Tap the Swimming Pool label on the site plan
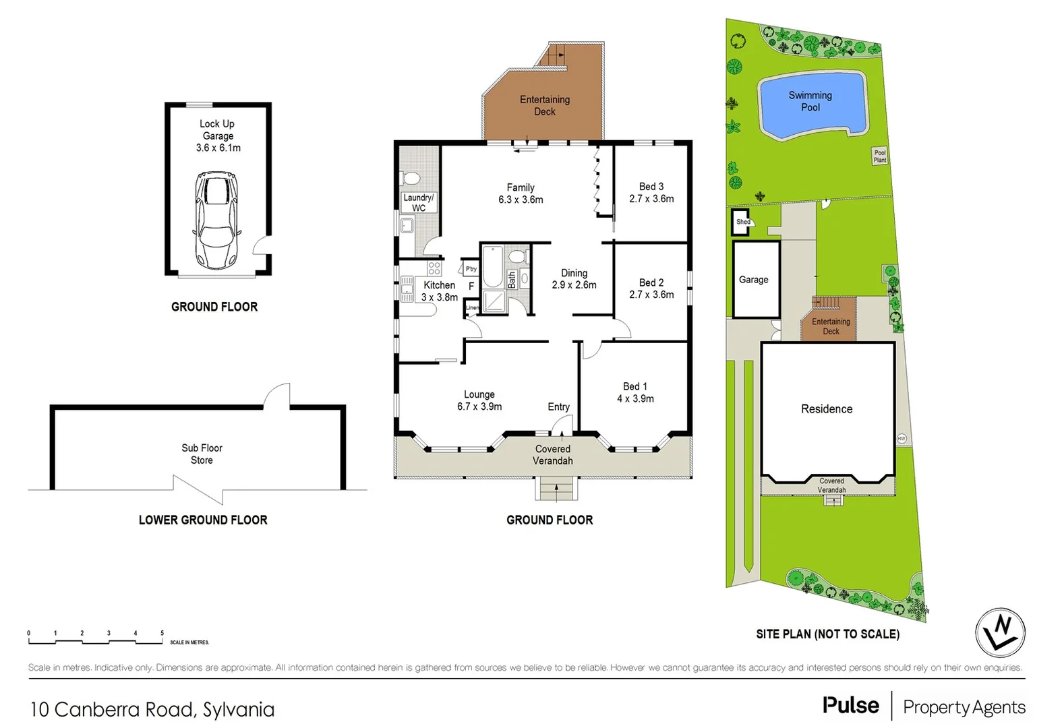pos(810,101)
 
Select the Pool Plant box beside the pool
pos(879,156)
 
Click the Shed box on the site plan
pos(741,222)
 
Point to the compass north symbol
pos(1000,633)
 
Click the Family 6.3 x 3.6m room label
pos(521,193)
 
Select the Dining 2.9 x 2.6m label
pos(574,278)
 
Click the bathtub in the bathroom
pos(493,267)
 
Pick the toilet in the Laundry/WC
pos(411,178)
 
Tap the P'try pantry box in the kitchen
pos(471,268)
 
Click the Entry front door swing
pos(562,425)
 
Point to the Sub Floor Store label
pos(202,454)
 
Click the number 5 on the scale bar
pos(162,633)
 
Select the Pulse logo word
pos(850,705)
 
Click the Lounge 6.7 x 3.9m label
pos(479,400)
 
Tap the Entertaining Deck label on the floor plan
pos(544,105)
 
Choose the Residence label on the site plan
pos(827,408)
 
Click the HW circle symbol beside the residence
pos(902,438)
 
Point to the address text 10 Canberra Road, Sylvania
pos(152,709)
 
